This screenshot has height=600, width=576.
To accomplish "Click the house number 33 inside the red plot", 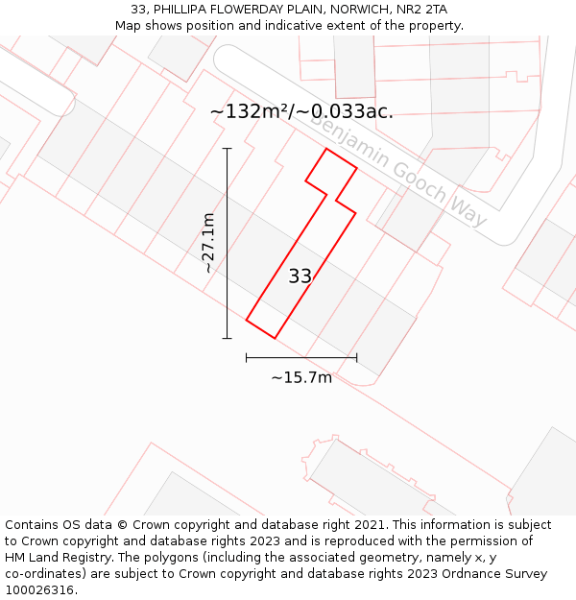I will click(x=300, y=276).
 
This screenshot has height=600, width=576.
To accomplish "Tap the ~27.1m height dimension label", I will click(x=209, y=243).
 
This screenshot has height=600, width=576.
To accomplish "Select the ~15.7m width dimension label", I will click(x=301, y=377).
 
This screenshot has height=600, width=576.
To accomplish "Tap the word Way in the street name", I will click(x=468, y=211).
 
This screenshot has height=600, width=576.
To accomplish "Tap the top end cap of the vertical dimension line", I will click(x=228, y=149).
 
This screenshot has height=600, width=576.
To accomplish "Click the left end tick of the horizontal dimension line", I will click(x=247, y=357).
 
